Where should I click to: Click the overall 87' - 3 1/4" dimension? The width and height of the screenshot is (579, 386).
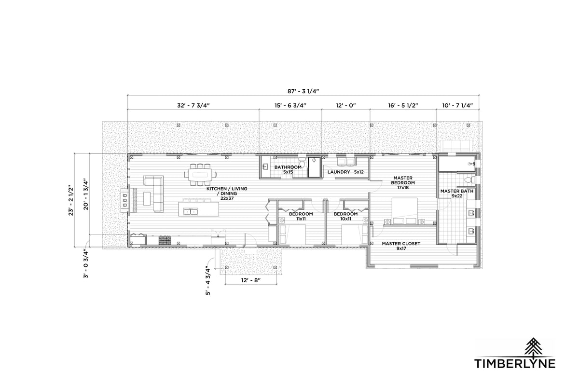(303, 91)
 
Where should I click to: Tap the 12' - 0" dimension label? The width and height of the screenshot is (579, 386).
(346, 106)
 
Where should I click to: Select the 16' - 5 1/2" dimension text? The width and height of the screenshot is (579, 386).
(403, 106)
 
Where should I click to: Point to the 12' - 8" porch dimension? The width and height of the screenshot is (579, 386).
(251, 280)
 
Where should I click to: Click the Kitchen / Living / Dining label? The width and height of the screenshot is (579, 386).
(227, 193)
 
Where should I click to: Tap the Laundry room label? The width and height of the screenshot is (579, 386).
(345, 172)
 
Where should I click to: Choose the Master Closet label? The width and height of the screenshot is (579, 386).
(401, 246)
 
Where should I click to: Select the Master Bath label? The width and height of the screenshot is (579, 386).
(457, 193)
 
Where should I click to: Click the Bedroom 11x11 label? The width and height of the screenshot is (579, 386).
(301, 216)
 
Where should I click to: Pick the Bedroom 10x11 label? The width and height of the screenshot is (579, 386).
(345, 216)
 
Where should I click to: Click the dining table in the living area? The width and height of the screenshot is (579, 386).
(200, 175)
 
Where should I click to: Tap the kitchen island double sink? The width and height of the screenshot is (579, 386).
(191, 212)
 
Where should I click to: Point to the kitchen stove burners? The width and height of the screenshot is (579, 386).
(165, 240)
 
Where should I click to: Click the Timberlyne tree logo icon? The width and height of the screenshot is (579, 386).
(533, 347)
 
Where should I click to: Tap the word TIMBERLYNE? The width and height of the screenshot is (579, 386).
(515, 363)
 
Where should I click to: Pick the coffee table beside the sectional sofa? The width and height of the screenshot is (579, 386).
(147, 198)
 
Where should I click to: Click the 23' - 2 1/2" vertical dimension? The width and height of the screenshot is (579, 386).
(71, 201)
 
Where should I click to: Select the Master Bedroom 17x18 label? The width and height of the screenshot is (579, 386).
(403, 182)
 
